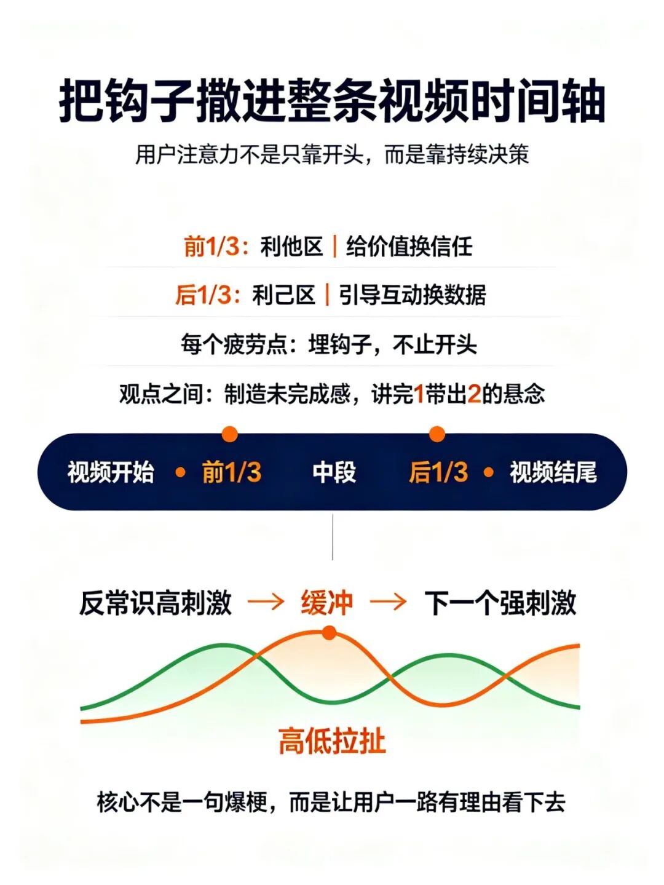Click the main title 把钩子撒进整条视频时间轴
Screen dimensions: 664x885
[333, 101]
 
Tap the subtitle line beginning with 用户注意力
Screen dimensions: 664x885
[333, 154]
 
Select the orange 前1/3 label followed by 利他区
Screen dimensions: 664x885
[212, 246]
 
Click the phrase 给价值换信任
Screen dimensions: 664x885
[409, 246]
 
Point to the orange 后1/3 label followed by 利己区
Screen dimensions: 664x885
[204, 295]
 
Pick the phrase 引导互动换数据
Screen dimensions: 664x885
[412, 295]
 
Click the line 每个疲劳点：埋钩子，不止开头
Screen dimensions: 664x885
[328, 344]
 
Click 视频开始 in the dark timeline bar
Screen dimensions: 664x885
[111, 472]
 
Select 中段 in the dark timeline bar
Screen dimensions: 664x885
[334, 472]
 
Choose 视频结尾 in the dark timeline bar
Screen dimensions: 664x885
[553, 472]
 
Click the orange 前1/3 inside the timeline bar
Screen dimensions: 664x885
[232, 472]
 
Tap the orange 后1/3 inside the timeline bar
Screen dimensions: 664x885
[438, 472]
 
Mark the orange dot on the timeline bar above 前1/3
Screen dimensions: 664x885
[230, 434]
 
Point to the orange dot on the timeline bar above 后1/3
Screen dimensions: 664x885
[437, 434]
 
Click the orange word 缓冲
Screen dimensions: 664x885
[326, 603]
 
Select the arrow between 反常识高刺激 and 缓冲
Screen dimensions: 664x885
[266, 603]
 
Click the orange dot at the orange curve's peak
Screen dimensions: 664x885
[329, 633]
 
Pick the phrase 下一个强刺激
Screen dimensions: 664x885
[500, 603]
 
